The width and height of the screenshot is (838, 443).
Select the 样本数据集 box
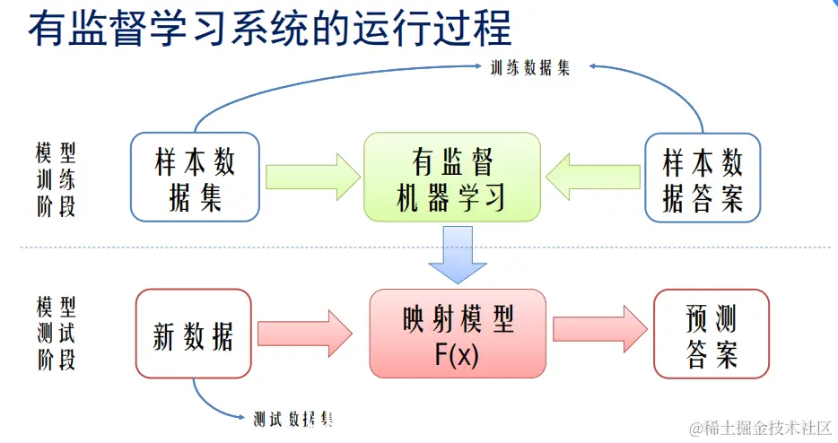click(x=195, y=178)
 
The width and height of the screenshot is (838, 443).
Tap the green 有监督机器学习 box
click(x=451, y=178)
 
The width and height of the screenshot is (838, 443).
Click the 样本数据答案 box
click(x=703, y=178)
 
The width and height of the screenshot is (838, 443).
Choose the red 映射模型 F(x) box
click(x=457, y=333)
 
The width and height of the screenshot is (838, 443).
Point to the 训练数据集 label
click(x=529, y=68)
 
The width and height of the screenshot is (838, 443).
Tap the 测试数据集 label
click(x=293, y=419)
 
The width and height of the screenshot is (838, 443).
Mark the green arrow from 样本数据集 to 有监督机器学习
click(x=311, y=177)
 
